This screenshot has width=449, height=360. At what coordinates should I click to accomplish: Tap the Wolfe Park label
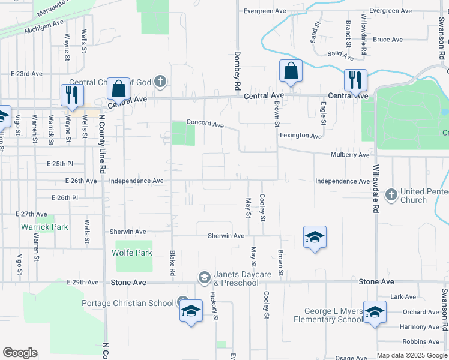pos(132,253)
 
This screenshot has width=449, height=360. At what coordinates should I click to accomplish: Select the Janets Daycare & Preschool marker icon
pos(204,277)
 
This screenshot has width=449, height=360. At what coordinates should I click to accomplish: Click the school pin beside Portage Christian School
pos(191,311)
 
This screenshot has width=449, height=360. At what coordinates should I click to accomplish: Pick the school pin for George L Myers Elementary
pos(375,312)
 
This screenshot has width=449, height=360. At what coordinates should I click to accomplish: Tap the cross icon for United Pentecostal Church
pos(391,194)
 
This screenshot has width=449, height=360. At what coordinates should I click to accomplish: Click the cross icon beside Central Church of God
pos(160,81)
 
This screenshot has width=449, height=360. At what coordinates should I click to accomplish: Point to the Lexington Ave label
pos(300,136)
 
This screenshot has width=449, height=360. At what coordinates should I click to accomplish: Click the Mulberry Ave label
pos(350,155)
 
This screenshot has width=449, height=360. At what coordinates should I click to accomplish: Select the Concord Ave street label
pos(205,124)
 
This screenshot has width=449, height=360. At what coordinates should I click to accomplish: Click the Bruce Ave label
pos(387,40)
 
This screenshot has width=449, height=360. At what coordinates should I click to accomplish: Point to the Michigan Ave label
pos(44,25)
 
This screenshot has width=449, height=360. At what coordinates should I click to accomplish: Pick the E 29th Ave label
pos(83,282)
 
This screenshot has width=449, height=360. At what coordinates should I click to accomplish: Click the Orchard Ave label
pos(421,312)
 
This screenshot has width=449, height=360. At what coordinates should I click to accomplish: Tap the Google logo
pos(20,353)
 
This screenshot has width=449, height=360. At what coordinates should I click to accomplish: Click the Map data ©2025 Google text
pos(412,355)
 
